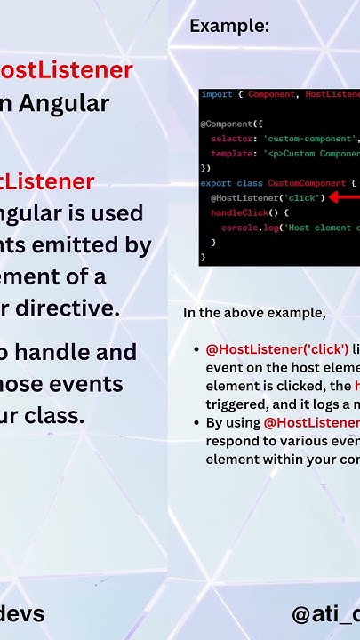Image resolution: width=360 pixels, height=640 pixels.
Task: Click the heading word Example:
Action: (x=229, y=27)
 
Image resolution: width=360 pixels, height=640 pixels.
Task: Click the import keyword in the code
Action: (x=216, y=94)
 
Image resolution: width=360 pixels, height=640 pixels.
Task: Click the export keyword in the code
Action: (x=216, y=183)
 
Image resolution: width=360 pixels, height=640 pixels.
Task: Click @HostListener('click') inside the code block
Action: (x=268, y=197)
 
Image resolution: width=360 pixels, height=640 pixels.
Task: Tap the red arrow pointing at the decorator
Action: (x=344, y=197)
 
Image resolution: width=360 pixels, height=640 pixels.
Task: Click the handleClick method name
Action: (x=236, y=212)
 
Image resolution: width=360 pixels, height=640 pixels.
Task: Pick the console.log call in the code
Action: (x=246, y=228)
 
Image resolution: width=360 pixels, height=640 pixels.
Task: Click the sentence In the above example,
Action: (x=254, y=313)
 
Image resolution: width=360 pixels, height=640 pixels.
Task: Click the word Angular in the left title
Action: (x=62, y=104)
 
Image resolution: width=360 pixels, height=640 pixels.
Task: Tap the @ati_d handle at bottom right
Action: (x=325, y=613)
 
